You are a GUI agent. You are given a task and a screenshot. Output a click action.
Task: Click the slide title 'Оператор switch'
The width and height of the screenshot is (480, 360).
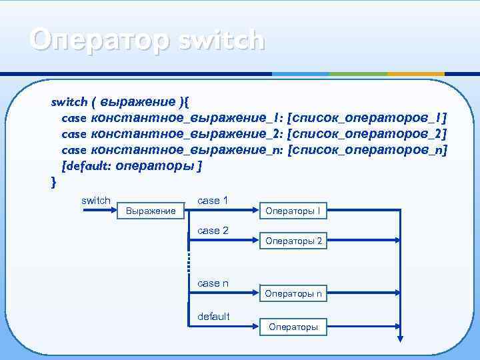[147, 40]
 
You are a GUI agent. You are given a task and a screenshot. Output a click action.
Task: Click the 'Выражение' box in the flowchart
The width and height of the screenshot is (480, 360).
[151, 211]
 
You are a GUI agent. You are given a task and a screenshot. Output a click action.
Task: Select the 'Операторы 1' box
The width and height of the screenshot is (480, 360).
[293, 211]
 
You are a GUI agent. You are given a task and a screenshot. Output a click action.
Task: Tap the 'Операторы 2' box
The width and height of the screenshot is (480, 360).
[293, 241]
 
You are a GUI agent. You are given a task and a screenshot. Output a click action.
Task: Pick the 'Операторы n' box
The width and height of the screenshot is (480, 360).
[293, 293]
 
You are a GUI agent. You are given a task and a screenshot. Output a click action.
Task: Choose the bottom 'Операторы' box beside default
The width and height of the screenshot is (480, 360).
[293, 327]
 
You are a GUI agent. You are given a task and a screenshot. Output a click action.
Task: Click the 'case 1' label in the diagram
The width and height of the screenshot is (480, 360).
[213, 200]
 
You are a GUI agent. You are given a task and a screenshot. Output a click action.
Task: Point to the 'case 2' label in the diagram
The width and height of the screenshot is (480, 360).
[213, 231]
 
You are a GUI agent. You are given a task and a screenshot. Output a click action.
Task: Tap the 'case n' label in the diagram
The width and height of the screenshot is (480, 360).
[213, 283]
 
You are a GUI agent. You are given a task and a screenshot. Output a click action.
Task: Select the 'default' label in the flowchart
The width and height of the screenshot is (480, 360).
[213, 316]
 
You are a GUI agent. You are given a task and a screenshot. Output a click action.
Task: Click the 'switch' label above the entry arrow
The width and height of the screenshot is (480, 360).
[95, 200]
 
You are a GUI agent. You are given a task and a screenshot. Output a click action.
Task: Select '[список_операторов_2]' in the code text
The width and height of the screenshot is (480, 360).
[366, 134]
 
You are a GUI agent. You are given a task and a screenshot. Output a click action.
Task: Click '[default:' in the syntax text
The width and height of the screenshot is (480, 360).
[87, 166]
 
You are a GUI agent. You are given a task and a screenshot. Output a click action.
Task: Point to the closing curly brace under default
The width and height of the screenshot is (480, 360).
[53, 181]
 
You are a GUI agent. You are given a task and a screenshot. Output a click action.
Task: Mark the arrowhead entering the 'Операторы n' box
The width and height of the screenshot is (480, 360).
[256, 293]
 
